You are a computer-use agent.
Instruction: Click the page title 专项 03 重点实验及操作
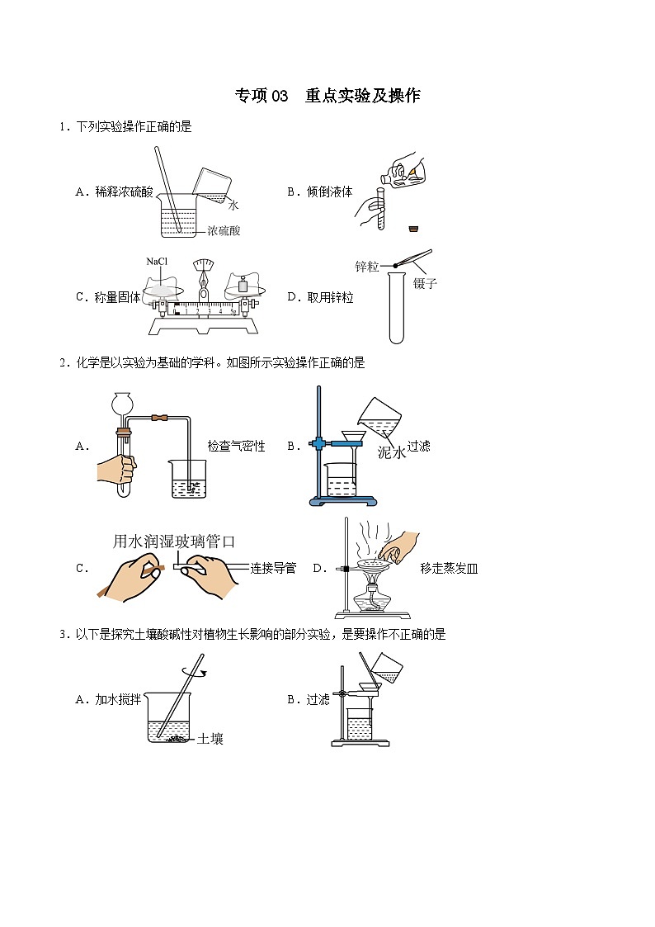[327, 95]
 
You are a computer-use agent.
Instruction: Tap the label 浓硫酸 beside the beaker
[224, 230]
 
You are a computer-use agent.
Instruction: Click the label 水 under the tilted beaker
[233, 206]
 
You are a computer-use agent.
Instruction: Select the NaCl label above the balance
[157, 262]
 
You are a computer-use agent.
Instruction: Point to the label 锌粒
[367, 267]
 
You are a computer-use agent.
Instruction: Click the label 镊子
[425, 283]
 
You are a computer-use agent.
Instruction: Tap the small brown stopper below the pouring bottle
[414, 228]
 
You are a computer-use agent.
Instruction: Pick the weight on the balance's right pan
[243, 286]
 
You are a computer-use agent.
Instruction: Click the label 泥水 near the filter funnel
[392, 453]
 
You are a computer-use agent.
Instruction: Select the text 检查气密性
[236, 446]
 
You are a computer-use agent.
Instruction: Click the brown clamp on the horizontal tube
[159, 418]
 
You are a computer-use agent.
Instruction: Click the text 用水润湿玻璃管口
[174, 541]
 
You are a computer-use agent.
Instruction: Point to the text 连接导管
[273, 568]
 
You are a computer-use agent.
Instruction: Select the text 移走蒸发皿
[449, 569]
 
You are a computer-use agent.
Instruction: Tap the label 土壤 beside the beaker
[210, 739]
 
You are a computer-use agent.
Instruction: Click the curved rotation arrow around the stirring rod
[195, 671]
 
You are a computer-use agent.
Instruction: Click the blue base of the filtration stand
[343, 501]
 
